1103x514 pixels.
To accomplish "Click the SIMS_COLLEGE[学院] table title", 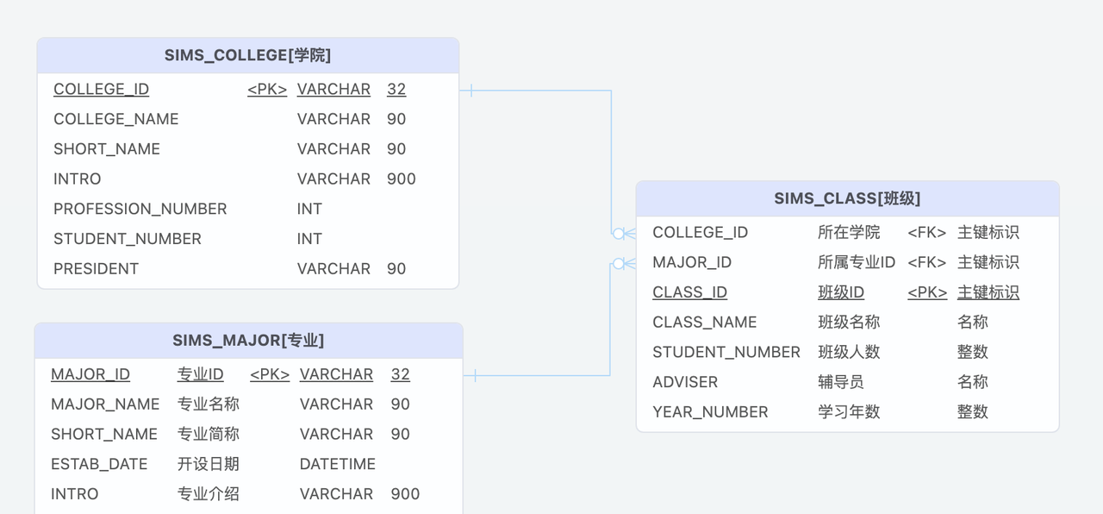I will (x=247, y=55).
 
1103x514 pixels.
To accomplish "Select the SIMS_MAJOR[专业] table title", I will (x=248, y=341).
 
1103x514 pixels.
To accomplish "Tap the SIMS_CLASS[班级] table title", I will (x=847, y=198).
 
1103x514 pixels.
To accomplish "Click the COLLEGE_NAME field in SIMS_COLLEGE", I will (x=116, y=119).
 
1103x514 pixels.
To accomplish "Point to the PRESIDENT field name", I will (x=96, y=269).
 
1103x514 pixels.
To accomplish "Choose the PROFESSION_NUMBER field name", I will (x=140, y=209).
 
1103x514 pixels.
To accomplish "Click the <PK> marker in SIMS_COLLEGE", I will (x=267, y=90).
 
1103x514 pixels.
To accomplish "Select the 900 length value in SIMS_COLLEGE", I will (x=402, y=179).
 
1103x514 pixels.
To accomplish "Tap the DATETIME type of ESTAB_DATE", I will (x=338, y=464).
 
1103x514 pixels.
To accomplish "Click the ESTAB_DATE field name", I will (x=99, y=464).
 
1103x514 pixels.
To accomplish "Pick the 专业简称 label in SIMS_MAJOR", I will (x=209, y=434).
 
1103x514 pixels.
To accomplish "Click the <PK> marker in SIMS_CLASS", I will (x=927, y=292).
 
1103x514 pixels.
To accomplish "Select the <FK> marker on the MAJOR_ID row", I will (x=927, y=262).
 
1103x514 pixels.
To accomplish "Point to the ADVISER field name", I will (x=685, y=382).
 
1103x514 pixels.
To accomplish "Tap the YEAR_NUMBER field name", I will (x=710, y=412).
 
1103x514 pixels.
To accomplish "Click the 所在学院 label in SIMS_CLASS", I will (x=849, y=233).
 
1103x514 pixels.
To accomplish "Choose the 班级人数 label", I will (x=849, y=352).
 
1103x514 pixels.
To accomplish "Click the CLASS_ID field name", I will (x=689, y=292).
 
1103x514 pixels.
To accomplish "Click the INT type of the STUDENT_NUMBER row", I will (x=309, y=239).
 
